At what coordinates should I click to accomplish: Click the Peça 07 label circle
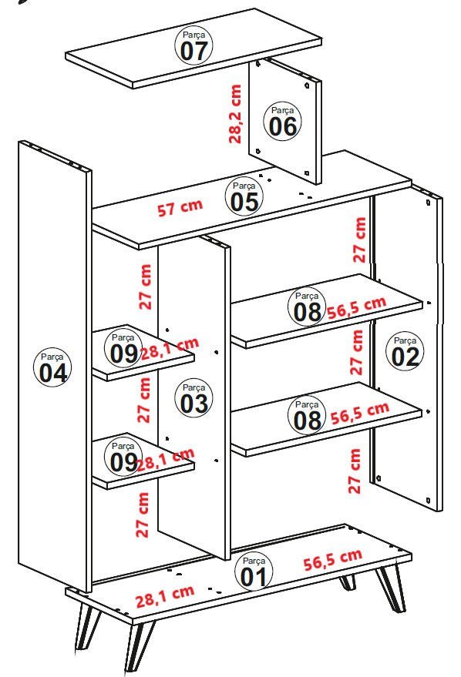click(x=194, y=45)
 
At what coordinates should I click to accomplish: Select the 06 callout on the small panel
click(x=283, y=122)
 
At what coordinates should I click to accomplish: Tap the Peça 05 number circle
click(x=244, y=196)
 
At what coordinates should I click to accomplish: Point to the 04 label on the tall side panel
click(x=53, y=367)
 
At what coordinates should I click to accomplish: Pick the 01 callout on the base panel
click(x=254, y=571)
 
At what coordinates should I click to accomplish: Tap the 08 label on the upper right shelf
click(x=306, y=306)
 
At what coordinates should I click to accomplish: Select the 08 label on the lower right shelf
click(x=306, y=414)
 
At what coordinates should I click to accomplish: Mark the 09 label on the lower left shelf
click(x=123, y=457)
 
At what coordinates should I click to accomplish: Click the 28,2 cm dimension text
click(x=235, y=114)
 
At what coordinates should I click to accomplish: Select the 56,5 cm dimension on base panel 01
click(x=332, y=560)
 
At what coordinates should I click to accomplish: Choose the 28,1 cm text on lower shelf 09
click(x=165, y=460)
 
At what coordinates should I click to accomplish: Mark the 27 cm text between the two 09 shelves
click(x=144, y=399)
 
